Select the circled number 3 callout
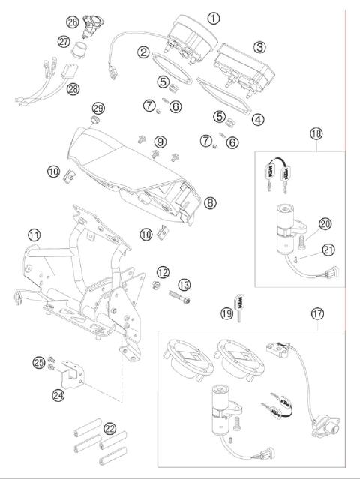point(259,46)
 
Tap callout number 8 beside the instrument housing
point(210,202)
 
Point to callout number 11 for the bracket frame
point(34,235)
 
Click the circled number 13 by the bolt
point(184,285)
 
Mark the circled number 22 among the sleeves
point(111,429)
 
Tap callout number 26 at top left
point(93,22)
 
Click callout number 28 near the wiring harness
point(72,89)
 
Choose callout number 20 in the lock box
point(325,223)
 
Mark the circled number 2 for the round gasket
point(143,52)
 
